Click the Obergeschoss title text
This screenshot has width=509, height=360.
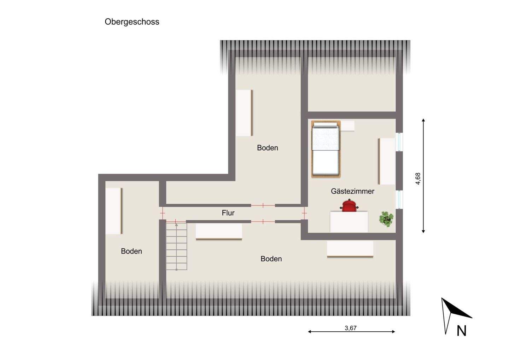132,22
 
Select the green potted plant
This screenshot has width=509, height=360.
386,219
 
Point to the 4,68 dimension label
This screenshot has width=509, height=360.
418,179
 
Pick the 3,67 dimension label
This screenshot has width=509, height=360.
351,328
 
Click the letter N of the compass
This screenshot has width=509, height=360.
462,331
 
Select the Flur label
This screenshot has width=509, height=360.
228,213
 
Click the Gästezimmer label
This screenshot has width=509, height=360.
352,191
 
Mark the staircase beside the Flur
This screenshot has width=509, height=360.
176,246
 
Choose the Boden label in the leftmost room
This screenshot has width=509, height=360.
131,251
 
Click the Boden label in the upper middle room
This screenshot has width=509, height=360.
268,148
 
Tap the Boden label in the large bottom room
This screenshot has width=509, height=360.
271,259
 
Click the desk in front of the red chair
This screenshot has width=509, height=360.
349,222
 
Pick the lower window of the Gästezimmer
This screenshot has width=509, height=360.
399,199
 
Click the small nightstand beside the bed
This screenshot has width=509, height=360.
348,126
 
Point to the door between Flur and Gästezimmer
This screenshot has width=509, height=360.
304,213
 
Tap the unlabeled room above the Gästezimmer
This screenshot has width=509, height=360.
351,85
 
